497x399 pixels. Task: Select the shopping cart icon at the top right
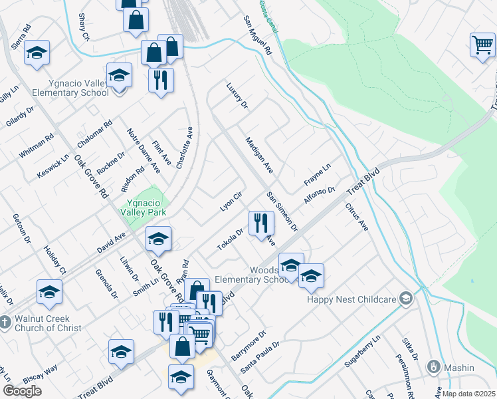pyautogui.click(x=482, y=45)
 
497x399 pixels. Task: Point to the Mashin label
pyautogui.click(x=459, y=367)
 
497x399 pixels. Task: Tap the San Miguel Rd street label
pyautogui.click(x=258, y=35)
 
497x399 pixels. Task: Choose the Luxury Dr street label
pyautogui.click(x=236, y=96)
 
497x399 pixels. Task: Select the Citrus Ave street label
pyautogui.click(x=356, y=217)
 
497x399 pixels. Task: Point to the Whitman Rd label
pyautogui.click(x=36, y=146)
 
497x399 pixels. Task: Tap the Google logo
pyautogui.click(x=22, y=391)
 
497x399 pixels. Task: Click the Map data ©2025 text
pyautogui.click(x=468, y=394)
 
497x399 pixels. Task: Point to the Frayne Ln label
pyautogui.click(x=317, y=173)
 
